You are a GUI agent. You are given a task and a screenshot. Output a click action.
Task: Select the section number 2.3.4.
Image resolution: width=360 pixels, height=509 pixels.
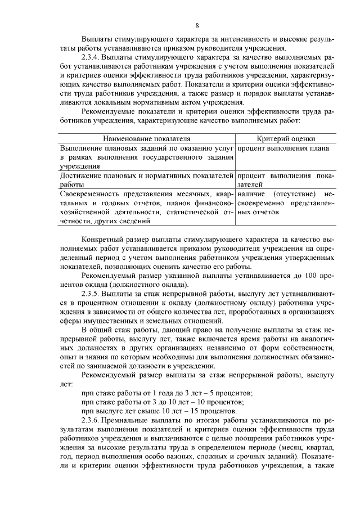click(x=92, y=57)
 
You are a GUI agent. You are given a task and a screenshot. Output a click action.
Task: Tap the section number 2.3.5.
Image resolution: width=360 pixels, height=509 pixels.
click(x=92, y=293)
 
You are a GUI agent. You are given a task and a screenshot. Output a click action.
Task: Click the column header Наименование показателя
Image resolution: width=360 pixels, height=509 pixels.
click(x=146, y=138)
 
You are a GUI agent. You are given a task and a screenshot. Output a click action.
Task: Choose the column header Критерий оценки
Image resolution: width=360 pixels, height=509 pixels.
click(x=286, y=138)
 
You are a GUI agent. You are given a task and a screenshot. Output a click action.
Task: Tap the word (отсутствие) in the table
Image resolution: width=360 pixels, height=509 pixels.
click(x=292, y=193)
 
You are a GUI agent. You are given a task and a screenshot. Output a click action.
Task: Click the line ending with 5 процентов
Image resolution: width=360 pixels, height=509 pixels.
click(x=166, y=393)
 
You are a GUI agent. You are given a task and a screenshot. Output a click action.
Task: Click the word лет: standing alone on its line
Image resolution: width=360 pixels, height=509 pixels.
click(x=66, y=384)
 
